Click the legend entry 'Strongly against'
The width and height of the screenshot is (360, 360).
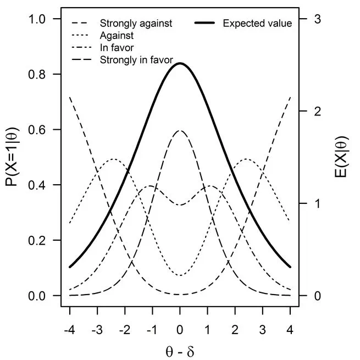136,23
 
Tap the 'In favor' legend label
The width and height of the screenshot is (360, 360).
117,47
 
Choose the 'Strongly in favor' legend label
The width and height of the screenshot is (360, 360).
136,59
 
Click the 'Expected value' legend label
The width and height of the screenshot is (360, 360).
257,23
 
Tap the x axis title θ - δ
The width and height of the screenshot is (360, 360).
180,350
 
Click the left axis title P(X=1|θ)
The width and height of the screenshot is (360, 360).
13,158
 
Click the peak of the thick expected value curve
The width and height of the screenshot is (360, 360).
180,63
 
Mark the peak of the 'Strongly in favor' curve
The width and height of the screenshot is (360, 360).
180,131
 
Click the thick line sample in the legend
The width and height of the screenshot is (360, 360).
206,23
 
